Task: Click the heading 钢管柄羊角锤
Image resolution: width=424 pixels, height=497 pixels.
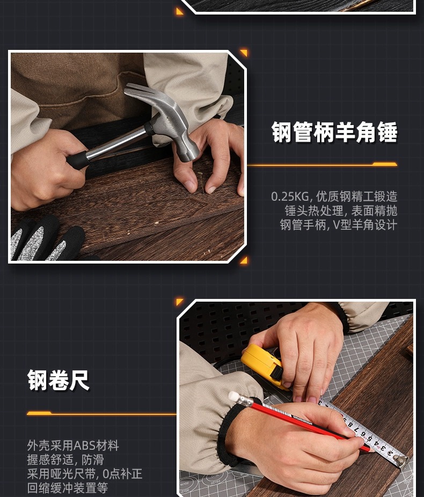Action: click(x=334, y=133)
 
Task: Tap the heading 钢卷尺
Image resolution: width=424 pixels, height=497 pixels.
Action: click(x=59, y=381)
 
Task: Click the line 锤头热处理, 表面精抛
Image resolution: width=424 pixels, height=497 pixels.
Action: click(x=341, y=211)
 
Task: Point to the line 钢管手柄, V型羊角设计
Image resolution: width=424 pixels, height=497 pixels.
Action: click(x=338, y=225)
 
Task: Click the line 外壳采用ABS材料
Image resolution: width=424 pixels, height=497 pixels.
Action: click(x=73, y=445)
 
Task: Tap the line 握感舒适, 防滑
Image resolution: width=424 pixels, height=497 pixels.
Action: click(x=65, y=459)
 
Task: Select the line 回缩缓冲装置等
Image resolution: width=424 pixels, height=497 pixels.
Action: click(x=68, y=487)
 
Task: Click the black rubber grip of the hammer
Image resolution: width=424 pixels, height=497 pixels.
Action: click(x=78, y=159)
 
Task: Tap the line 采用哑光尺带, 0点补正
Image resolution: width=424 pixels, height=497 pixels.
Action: click(x=84, y=473)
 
